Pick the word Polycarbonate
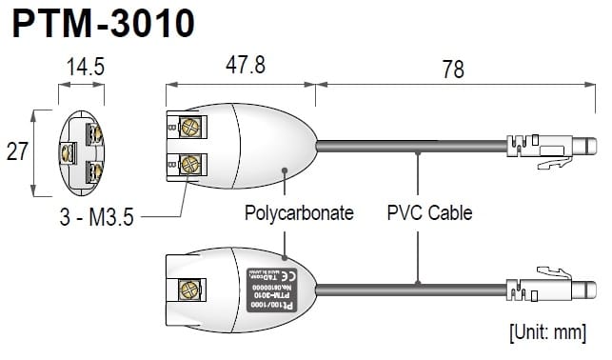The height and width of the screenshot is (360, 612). [x=299, y=213]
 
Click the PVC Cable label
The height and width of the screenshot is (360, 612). [x=429, y=213]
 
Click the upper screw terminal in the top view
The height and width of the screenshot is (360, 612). [x=188, y=127]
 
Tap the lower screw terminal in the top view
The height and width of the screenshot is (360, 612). [x=188, y=163]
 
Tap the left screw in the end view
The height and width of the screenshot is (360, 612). [x=67, y=150]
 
